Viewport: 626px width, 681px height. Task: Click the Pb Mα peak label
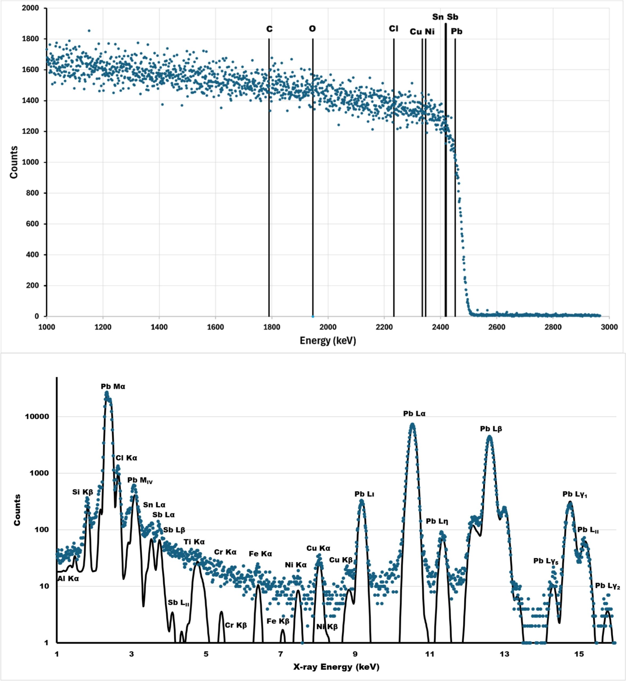113,387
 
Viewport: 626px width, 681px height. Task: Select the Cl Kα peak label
126,458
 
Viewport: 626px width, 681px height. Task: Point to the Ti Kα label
194,542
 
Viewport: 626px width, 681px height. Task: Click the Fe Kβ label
278,621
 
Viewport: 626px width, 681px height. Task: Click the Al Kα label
68,579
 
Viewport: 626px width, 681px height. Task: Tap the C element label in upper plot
269,29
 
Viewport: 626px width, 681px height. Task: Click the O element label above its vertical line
312,29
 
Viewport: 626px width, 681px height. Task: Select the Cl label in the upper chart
393,29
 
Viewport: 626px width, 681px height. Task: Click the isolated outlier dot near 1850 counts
89,31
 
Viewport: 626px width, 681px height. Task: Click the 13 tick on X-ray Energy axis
504,653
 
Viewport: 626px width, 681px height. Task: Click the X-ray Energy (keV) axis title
336,667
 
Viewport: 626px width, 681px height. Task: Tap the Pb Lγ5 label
545,561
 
